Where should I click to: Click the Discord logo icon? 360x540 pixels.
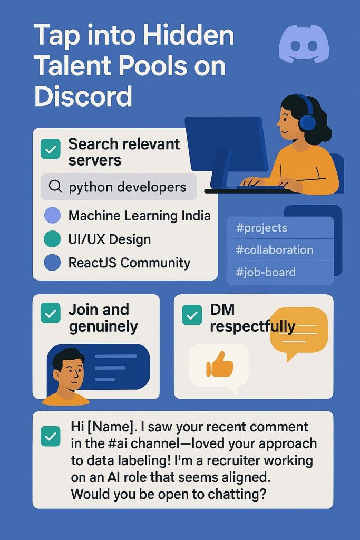[x=304, y=44]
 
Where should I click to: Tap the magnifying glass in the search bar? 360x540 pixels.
[x=55, y=187]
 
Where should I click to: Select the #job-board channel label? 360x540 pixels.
[x=266, y=273]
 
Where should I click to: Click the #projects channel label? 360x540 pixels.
[x=261, y=228]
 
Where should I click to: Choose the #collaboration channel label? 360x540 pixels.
[x=274, y=249]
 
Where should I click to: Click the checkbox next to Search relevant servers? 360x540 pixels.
[x=51, y=149]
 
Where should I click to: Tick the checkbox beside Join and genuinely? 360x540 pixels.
[x=51, y=313]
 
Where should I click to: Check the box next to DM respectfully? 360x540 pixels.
[x=192, y=315]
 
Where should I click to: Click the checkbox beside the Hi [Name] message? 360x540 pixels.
[x=51, y=436]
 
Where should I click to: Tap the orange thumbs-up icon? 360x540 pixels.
[x=220, y=364]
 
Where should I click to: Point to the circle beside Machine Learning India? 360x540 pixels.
[x=53, y=216]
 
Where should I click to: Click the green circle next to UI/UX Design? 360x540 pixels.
[x=52, y=239]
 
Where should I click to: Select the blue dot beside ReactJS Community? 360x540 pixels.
[x=52, y=263]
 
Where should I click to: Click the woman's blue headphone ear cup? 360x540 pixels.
[x=307, y=122]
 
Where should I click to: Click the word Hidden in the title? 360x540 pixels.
[x=188, y=35]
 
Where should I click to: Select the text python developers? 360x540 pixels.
[x=128, y=187]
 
